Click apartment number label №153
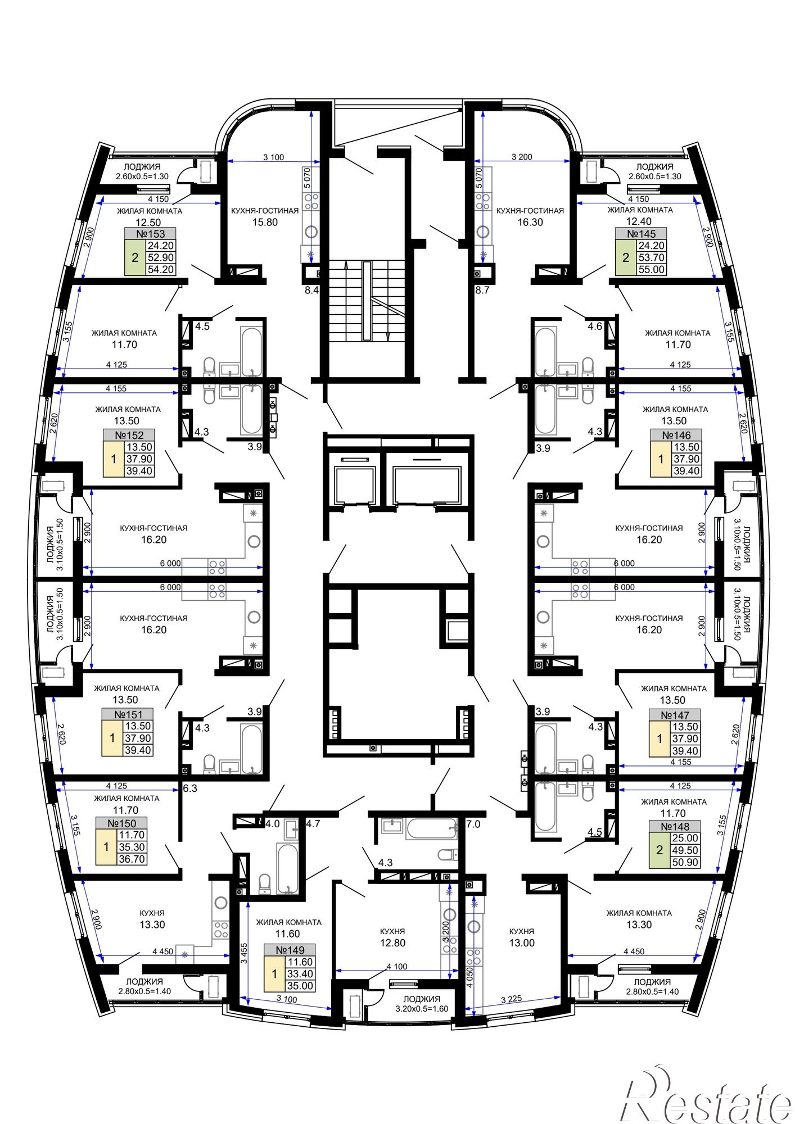click(150, 234)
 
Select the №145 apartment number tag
click(640, 234)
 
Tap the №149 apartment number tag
click(290, 950)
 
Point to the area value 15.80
click(265, 222)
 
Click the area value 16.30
click(530, 222)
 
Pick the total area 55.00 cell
click(651, 270)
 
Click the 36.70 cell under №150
click(132, 859)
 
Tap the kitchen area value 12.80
click(392, 943)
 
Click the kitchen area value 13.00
click(522, 943)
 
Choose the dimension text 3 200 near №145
click(522, 157)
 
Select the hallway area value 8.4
click(311, 291)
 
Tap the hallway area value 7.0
click(473, 824)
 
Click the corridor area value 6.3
click(190, 788)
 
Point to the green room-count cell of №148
click(660, 850)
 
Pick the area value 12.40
click(640, 222)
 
